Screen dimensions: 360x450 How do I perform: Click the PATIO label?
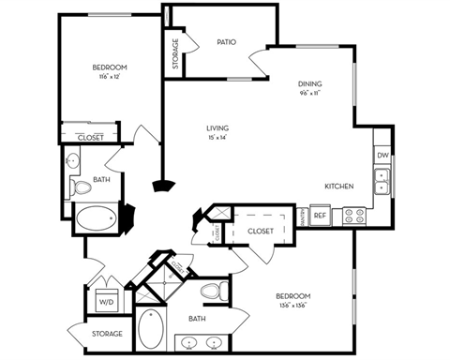225,42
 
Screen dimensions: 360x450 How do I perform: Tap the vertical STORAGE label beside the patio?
175,53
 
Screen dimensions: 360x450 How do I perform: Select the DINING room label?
310,83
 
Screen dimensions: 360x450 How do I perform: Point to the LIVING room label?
218,128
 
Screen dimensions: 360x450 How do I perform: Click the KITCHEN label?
338,187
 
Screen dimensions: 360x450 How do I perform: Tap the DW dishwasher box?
382,154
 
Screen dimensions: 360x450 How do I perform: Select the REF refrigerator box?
320,216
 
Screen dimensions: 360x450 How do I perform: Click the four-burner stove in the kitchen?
353,216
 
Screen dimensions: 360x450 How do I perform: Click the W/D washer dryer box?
106,303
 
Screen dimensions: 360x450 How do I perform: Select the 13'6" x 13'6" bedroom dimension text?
293,306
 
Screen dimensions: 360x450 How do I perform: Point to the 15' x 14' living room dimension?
218,138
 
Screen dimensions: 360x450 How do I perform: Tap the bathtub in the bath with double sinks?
150,331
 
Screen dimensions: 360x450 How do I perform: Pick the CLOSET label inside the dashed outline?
261,231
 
